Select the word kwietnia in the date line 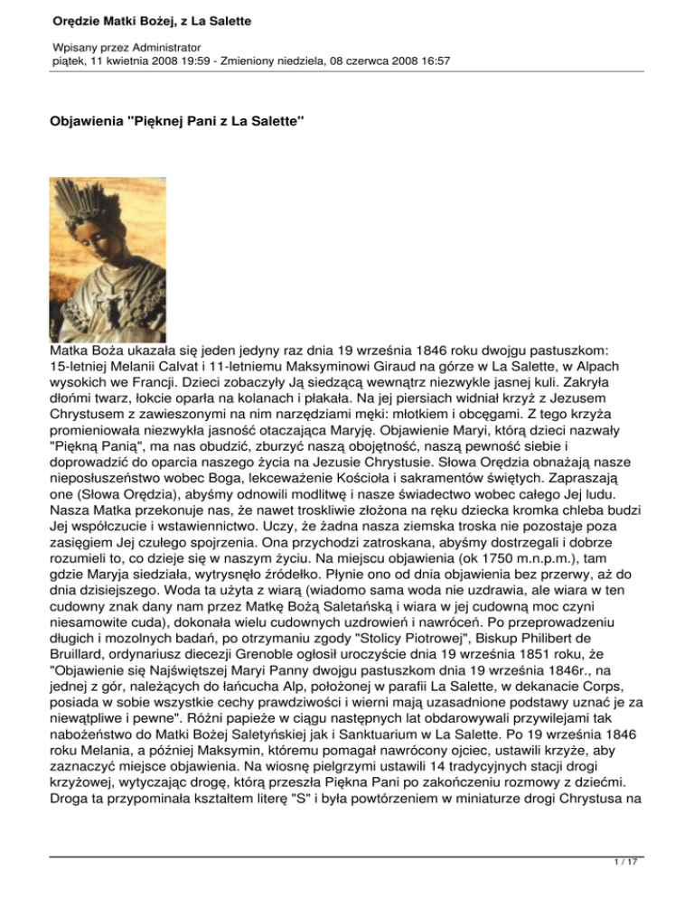(126, 61)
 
